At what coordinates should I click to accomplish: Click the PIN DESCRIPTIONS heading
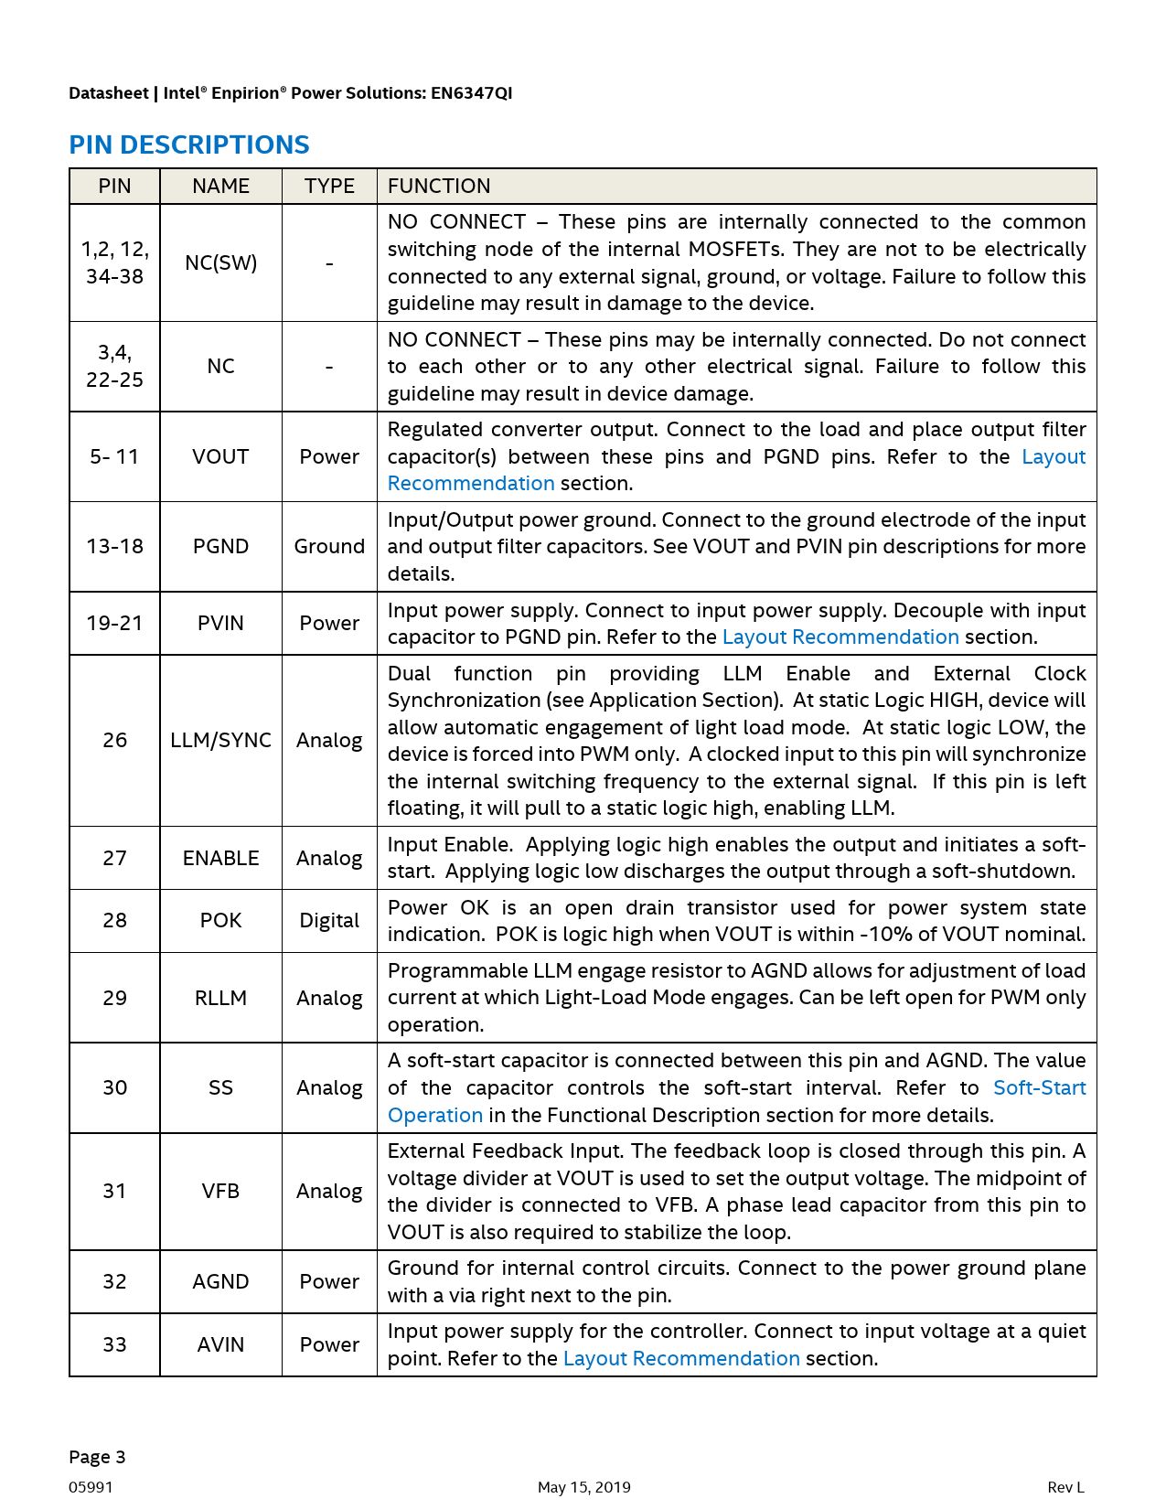189,144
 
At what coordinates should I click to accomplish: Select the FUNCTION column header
439,186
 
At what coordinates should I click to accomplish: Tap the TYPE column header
329,186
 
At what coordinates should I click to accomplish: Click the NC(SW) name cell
220,262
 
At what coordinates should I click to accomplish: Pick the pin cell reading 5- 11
114,456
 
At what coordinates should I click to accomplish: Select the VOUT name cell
220,456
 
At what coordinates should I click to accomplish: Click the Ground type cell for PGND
329,546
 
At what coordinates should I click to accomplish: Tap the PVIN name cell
220,623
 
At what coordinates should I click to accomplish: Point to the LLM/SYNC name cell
220,740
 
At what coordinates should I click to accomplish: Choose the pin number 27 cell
114,858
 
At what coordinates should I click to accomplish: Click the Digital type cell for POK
329,920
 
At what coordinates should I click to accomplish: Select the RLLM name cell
220,998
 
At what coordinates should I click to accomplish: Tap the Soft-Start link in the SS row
1039,1087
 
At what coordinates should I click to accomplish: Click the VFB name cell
220,1191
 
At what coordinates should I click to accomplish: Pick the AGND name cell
220,1281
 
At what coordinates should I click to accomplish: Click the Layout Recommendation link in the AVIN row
681,1358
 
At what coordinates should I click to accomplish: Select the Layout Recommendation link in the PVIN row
840,637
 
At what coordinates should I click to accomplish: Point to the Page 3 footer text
97,1457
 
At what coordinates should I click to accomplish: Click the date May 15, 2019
583,1487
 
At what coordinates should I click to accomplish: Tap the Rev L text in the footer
1065,1487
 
